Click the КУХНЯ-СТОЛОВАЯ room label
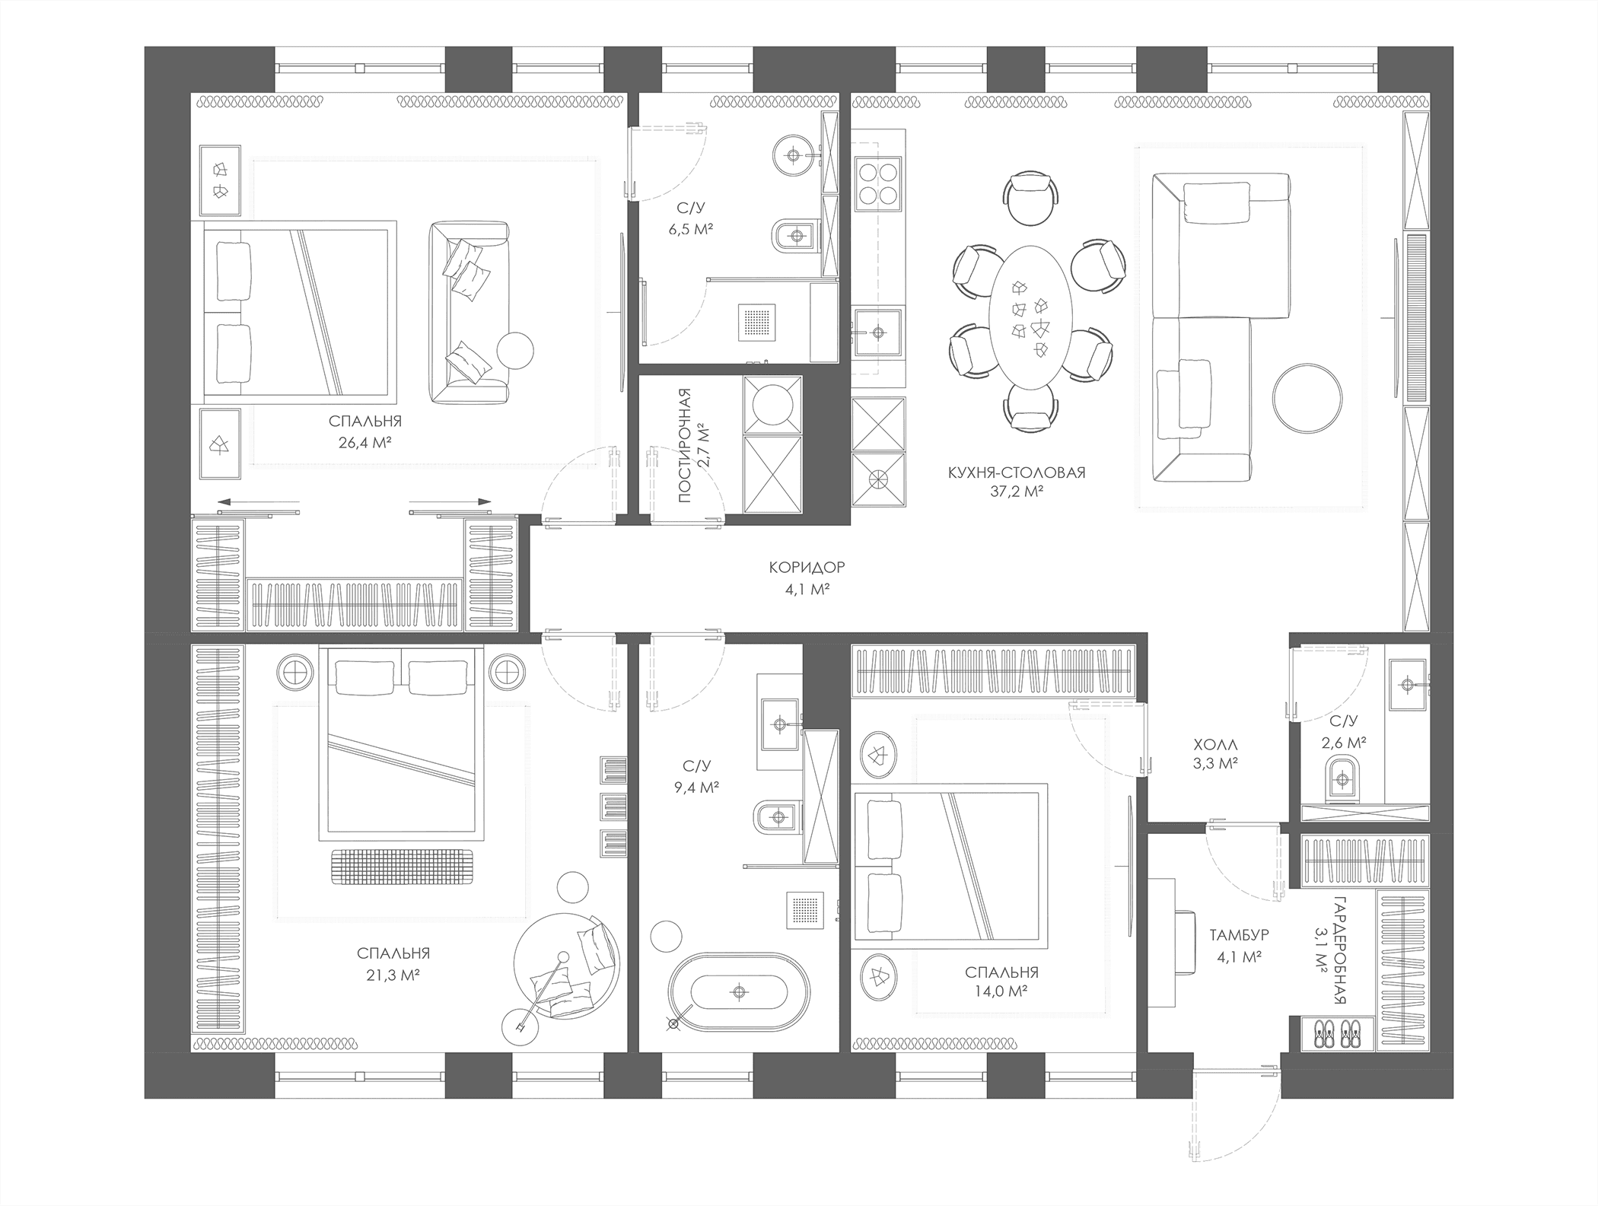point(1017,473)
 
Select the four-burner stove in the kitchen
point(879,183)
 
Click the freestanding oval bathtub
point(738,991)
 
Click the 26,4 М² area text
point(365,442)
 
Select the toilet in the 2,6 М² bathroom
point(1341,778)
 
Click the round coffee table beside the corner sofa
point(1307,399)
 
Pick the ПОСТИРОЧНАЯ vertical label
point(685,445)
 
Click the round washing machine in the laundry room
point(772,404)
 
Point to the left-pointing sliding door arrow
point(258,501)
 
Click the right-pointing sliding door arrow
point(450,501)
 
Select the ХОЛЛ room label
point(1215,745)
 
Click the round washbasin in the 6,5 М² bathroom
point(794,156)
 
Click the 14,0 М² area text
point(1001,991)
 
